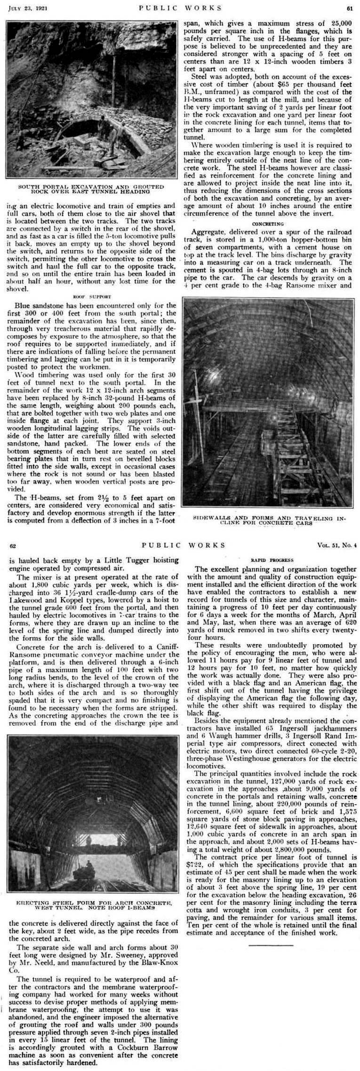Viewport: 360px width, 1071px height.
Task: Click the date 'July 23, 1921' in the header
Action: pyautogui.click(x=24, y=8)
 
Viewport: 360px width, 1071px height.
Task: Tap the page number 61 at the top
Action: pyautogui.click(x=350, y=8)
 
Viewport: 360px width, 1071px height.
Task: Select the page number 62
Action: pyautogui.click(x=13, y=545)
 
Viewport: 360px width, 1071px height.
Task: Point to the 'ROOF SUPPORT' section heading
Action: pyautogui.click(x=92, y=297)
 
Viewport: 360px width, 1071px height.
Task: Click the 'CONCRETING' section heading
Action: pyautogui.click(x=268, y=224)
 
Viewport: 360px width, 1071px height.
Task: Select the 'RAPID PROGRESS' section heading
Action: pyautogui.click(x=272, y=560)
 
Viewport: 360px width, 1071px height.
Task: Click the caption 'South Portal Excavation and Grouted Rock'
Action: pyautogui.click(x=91, y=189)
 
